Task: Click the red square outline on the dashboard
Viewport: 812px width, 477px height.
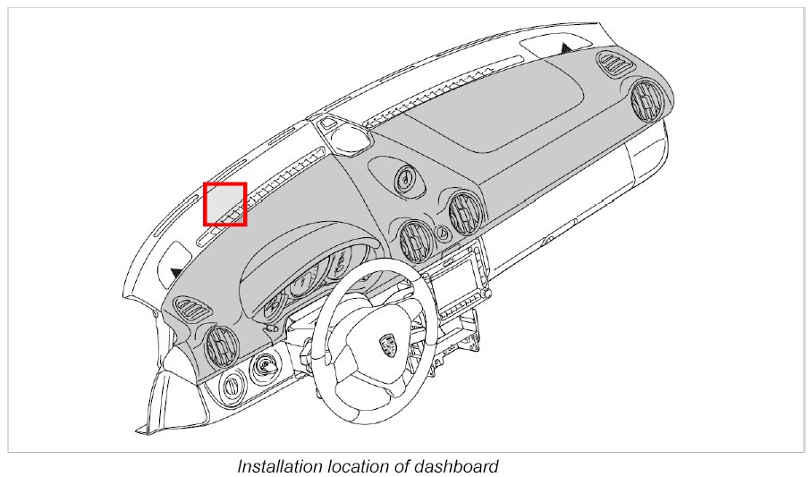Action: pos(224,204)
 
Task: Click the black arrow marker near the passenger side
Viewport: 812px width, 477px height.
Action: pos(566,47)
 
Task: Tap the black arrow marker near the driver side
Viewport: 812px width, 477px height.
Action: pos(176,270)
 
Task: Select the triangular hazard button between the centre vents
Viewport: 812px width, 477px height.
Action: pos(442,234)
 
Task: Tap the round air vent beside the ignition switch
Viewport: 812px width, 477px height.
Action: pos(220,345)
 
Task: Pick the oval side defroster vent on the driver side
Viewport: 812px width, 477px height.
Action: pos(191,310)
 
